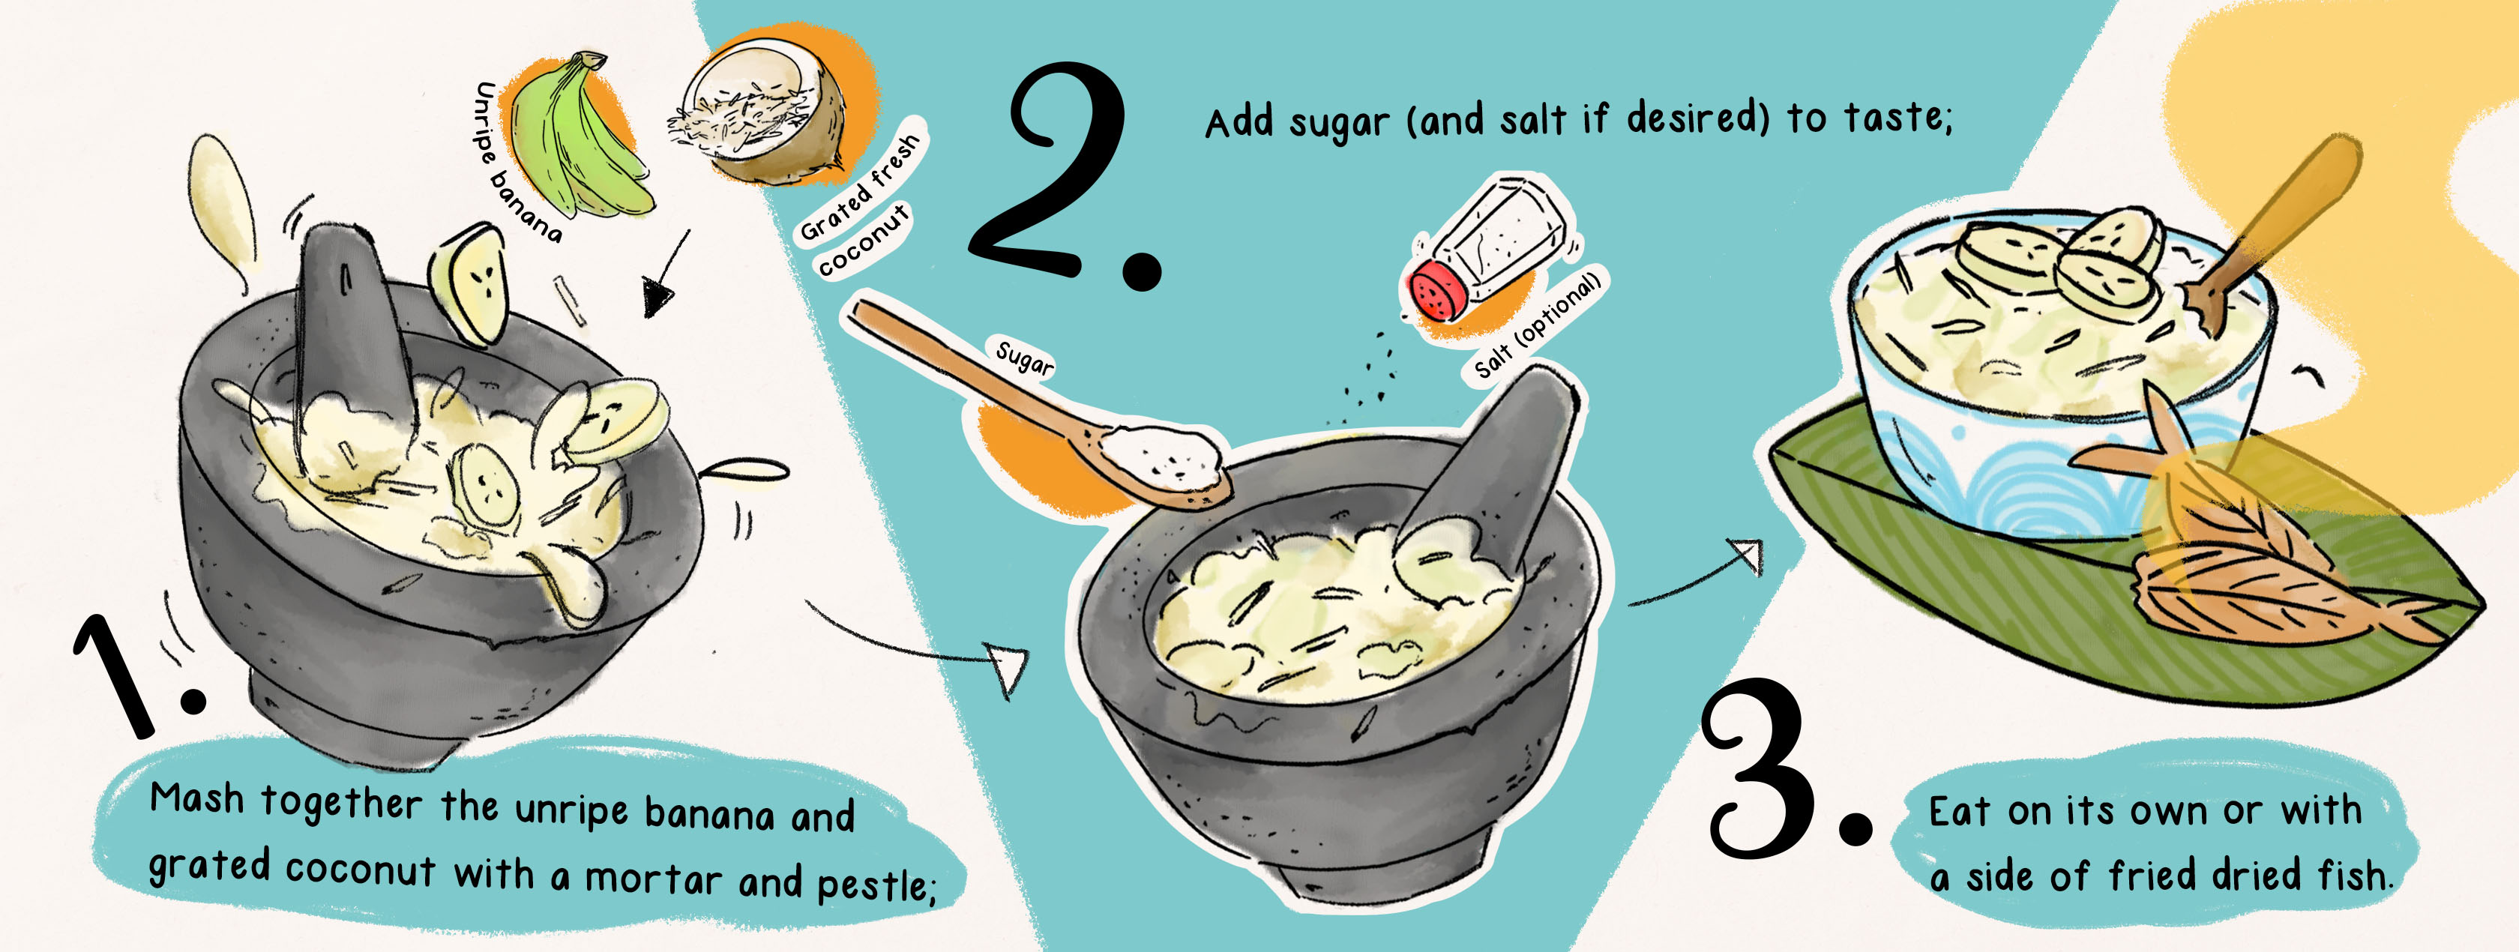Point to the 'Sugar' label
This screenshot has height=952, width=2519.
pos(1024,358)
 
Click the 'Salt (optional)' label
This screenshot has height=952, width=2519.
pos(1537,325)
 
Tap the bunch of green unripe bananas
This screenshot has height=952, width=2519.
pos(577,137)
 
